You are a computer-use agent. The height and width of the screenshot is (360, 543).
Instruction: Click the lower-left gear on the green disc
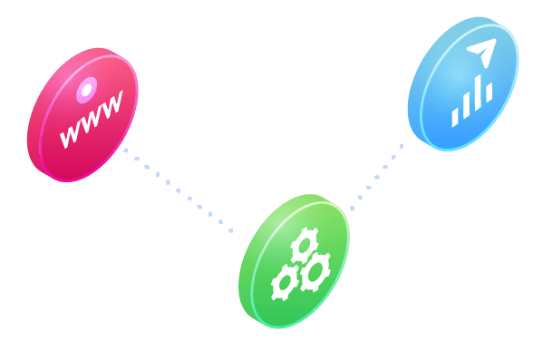coord(286,284)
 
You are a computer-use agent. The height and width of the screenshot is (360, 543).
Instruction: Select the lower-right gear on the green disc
coord(316,269)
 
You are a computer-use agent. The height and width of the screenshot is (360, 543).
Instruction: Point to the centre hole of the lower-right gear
coord(316,269)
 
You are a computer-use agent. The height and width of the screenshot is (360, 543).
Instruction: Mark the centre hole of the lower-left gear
coord(286,284)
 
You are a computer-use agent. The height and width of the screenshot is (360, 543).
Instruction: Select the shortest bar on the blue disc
coord(455,116)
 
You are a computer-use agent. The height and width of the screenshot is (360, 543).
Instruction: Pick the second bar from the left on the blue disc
coord(466,107)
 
